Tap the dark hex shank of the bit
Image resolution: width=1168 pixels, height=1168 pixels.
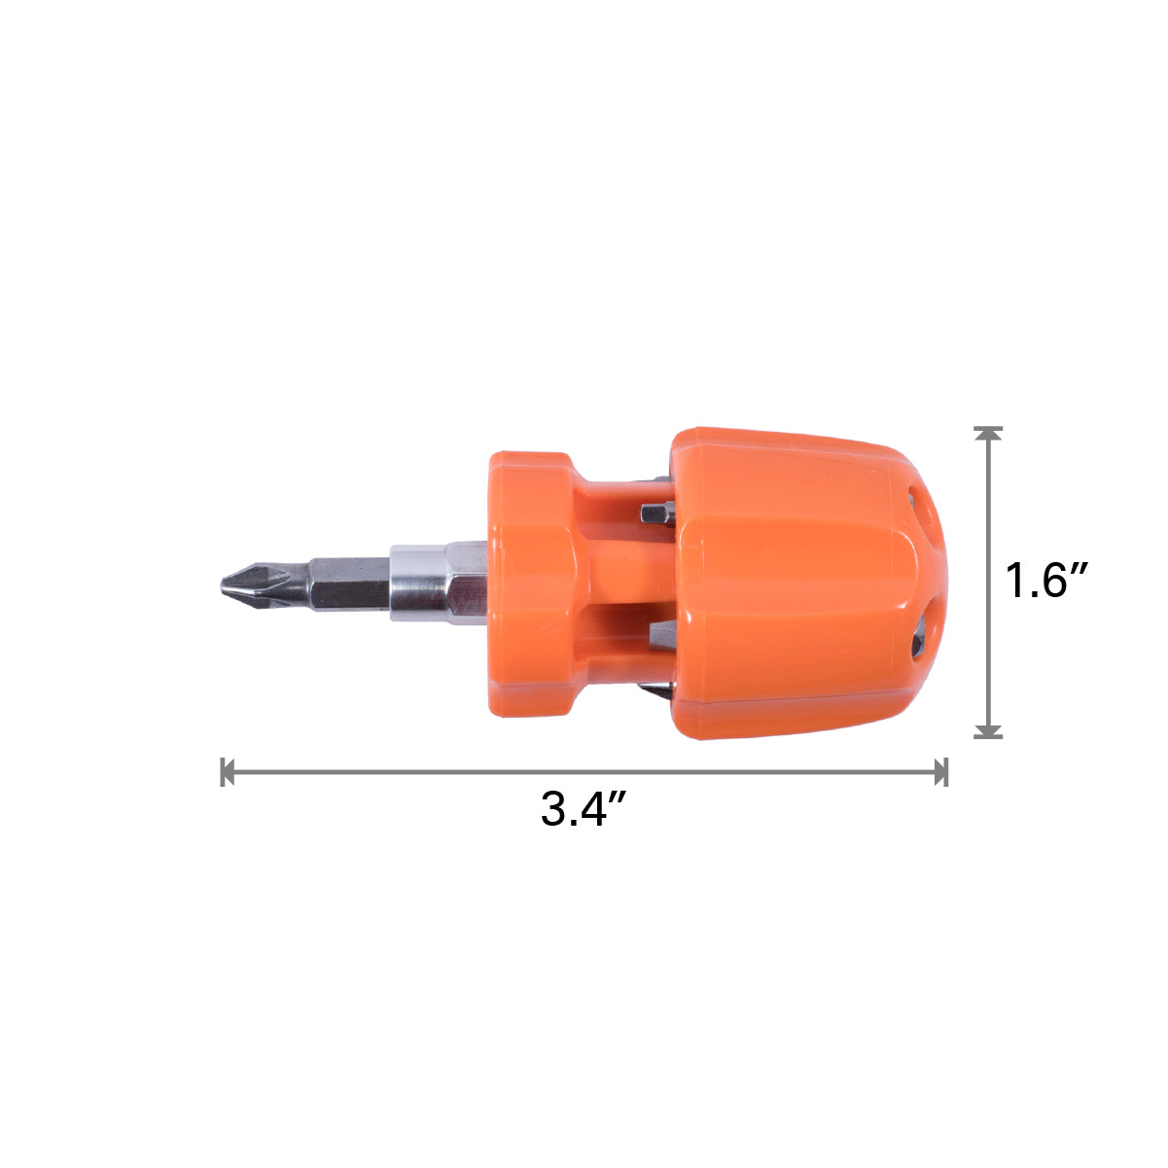click(349, 584)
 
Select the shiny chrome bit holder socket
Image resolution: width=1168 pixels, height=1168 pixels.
click(438, 583)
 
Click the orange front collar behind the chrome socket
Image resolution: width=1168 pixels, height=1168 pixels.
click(532, 584)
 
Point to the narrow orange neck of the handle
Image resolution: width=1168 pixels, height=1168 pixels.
click(630, 584)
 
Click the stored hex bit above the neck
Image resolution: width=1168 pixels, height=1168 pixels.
click(657, 514)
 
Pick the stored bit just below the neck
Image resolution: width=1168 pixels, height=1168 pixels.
click(662, 636)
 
